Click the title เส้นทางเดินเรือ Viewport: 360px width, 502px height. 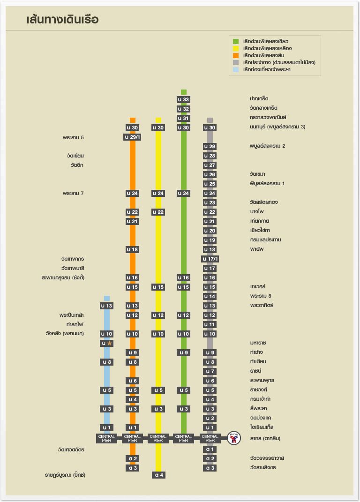pos(62,20)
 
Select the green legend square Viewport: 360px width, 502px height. pos(236,42)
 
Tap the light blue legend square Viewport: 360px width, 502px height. pos(236,69)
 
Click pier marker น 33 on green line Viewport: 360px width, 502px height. pos(184,99)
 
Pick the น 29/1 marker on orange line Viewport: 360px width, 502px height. pos(133,137)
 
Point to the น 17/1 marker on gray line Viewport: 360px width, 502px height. pos(210,259)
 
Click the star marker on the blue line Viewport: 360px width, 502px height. pos(107,343)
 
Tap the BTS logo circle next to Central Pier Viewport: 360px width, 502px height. pos(233,438)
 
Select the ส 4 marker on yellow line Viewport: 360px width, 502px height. pos(158,475)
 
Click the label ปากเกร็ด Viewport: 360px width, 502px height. pos(259,99)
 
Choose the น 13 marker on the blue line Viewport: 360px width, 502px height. pos(107,306)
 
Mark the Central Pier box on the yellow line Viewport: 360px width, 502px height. pos(158,438)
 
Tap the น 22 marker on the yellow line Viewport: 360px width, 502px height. pos(158,212)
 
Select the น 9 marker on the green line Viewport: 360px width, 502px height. pos(184,352)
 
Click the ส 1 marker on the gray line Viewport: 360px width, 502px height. pos(210,449)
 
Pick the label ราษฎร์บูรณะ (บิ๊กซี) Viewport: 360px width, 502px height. pos(65,475)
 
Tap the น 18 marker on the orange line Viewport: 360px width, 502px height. pos(133,249)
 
